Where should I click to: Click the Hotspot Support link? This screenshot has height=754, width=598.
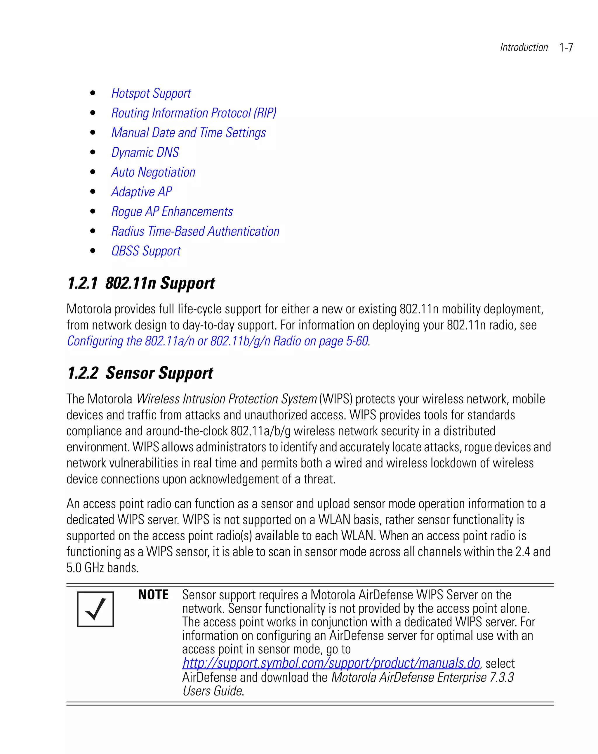click(x=151, y=93)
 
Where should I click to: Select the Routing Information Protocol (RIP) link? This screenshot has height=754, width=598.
click(x=194, y=113)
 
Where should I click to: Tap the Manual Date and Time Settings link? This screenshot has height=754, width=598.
click(x=188, y=133)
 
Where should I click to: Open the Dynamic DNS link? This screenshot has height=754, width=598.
click(x=145, y=153)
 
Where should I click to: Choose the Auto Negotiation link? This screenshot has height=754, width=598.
click(x=153, y=172)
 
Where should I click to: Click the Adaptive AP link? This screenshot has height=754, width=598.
click(x=141, y=192)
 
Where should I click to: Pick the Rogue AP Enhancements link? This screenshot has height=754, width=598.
click(x=172, y=212)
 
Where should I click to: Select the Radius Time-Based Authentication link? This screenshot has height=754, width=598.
click(x=195, y=232)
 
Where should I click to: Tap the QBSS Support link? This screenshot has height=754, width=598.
click(x=146, y=251)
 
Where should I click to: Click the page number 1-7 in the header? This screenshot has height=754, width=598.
click(x=566, y=48)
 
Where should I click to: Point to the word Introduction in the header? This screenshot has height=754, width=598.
click(x=524, y=48)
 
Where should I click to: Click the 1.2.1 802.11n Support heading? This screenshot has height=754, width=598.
click(x=141, y=283)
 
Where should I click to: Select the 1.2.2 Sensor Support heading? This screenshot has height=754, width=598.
click(x=140, y=373)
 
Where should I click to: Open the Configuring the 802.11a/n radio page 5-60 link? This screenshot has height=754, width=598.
click(x=217, y=341)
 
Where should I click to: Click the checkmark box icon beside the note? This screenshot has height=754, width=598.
click(x=95, y=609)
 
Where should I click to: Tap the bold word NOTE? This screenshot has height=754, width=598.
click(x=153, y=595)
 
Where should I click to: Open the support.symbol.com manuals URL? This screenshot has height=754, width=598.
click(x=331, y=663)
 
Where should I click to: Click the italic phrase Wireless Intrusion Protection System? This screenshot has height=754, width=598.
click(x=226, y=399)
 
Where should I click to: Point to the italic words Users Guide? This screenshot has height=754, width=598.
click(x=212, y=691)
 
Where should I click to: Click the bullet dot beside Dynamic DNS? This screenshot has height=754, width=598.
click(x=93, y=153)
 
